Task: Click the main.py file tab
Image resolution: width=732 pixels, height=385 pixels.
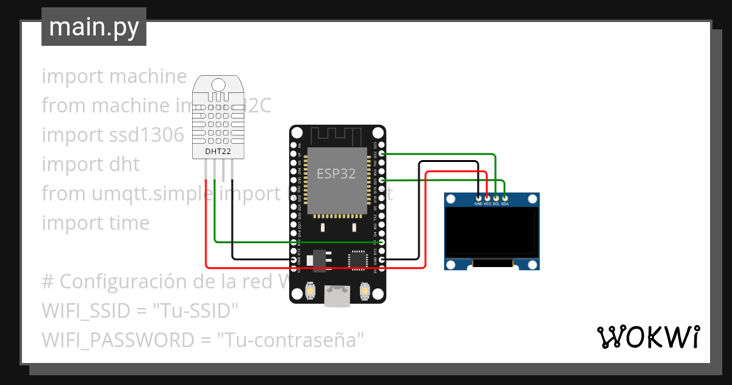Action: click(93, 27)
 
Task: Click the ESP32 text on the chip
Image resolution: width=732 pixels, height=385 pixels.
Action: click(336, 174)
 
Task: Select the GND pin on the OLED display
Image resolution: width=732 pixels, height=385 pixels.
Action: click(478, 198)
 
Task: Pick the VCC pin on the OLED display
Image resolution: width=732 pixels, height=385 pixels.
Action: click(487, 198)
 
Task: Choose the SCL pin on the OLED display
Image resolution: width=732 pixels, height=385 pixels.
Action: click(496, 198)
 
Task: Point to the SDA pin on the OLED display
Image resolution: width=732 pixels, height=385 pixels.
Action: click(505, 198)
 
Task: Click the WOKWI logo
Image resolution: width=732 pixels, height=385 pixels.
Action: click(647, 337)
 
